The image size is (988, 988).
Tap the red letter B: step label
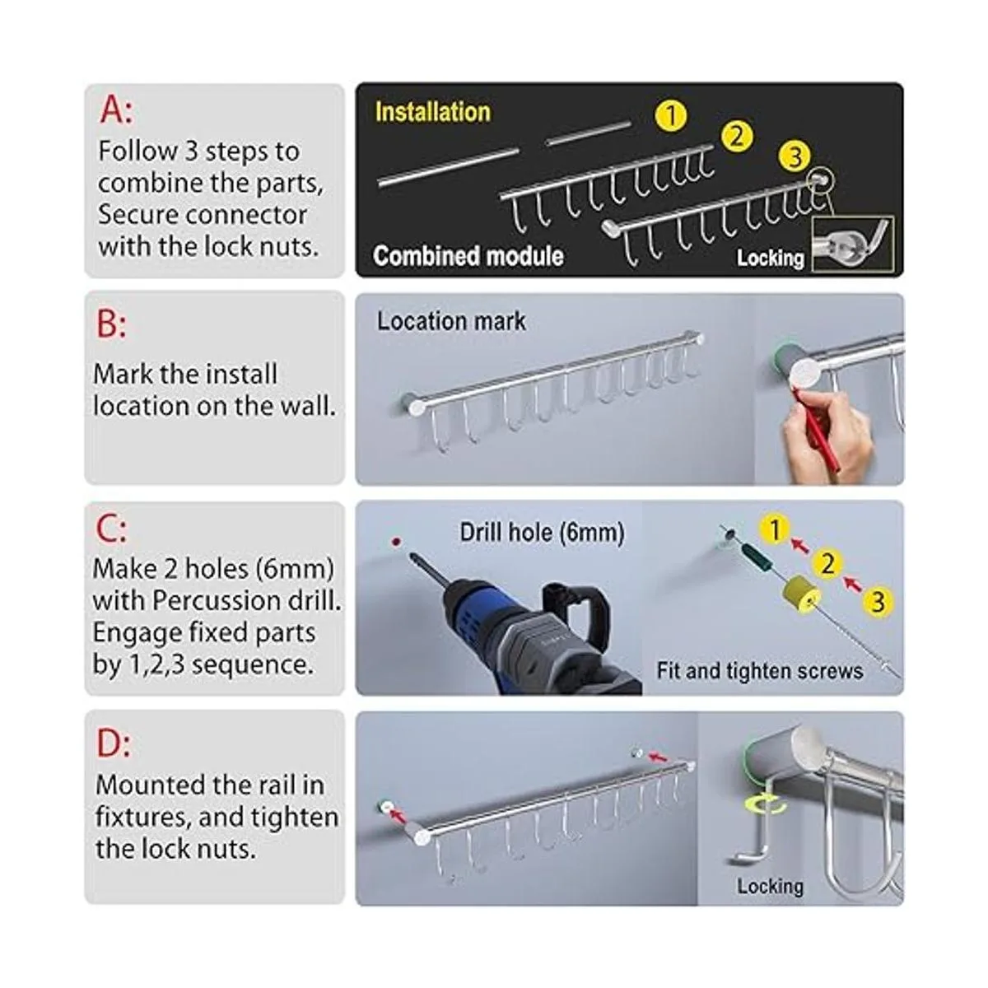click(x=111, y=324)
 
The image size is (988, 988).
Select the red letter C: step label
click(x=111, y=529)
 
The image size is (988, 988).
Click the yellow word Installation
click(x=433, y=112)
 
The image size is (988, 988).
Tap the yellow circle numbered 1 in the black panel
click(x=671, y=115)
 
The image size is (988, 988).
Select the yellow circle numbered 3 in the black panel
click(x=795, y=156)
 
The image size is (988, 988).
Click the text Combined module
click(x=468, y=255)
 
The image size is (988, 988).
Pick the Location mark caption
click(x=451, y=321)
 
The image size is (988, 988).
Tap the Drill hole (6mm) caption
click(x=542, y=533)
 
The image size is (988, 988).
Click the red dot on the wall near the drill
click(x=396, y=542)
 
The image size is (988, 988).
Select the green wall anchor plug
click(x=757, y=557)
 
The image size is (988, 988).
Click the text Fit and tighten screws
click(x=760, y=671)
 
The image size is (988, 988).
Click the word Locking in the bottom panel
click(x=770, y=887)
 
